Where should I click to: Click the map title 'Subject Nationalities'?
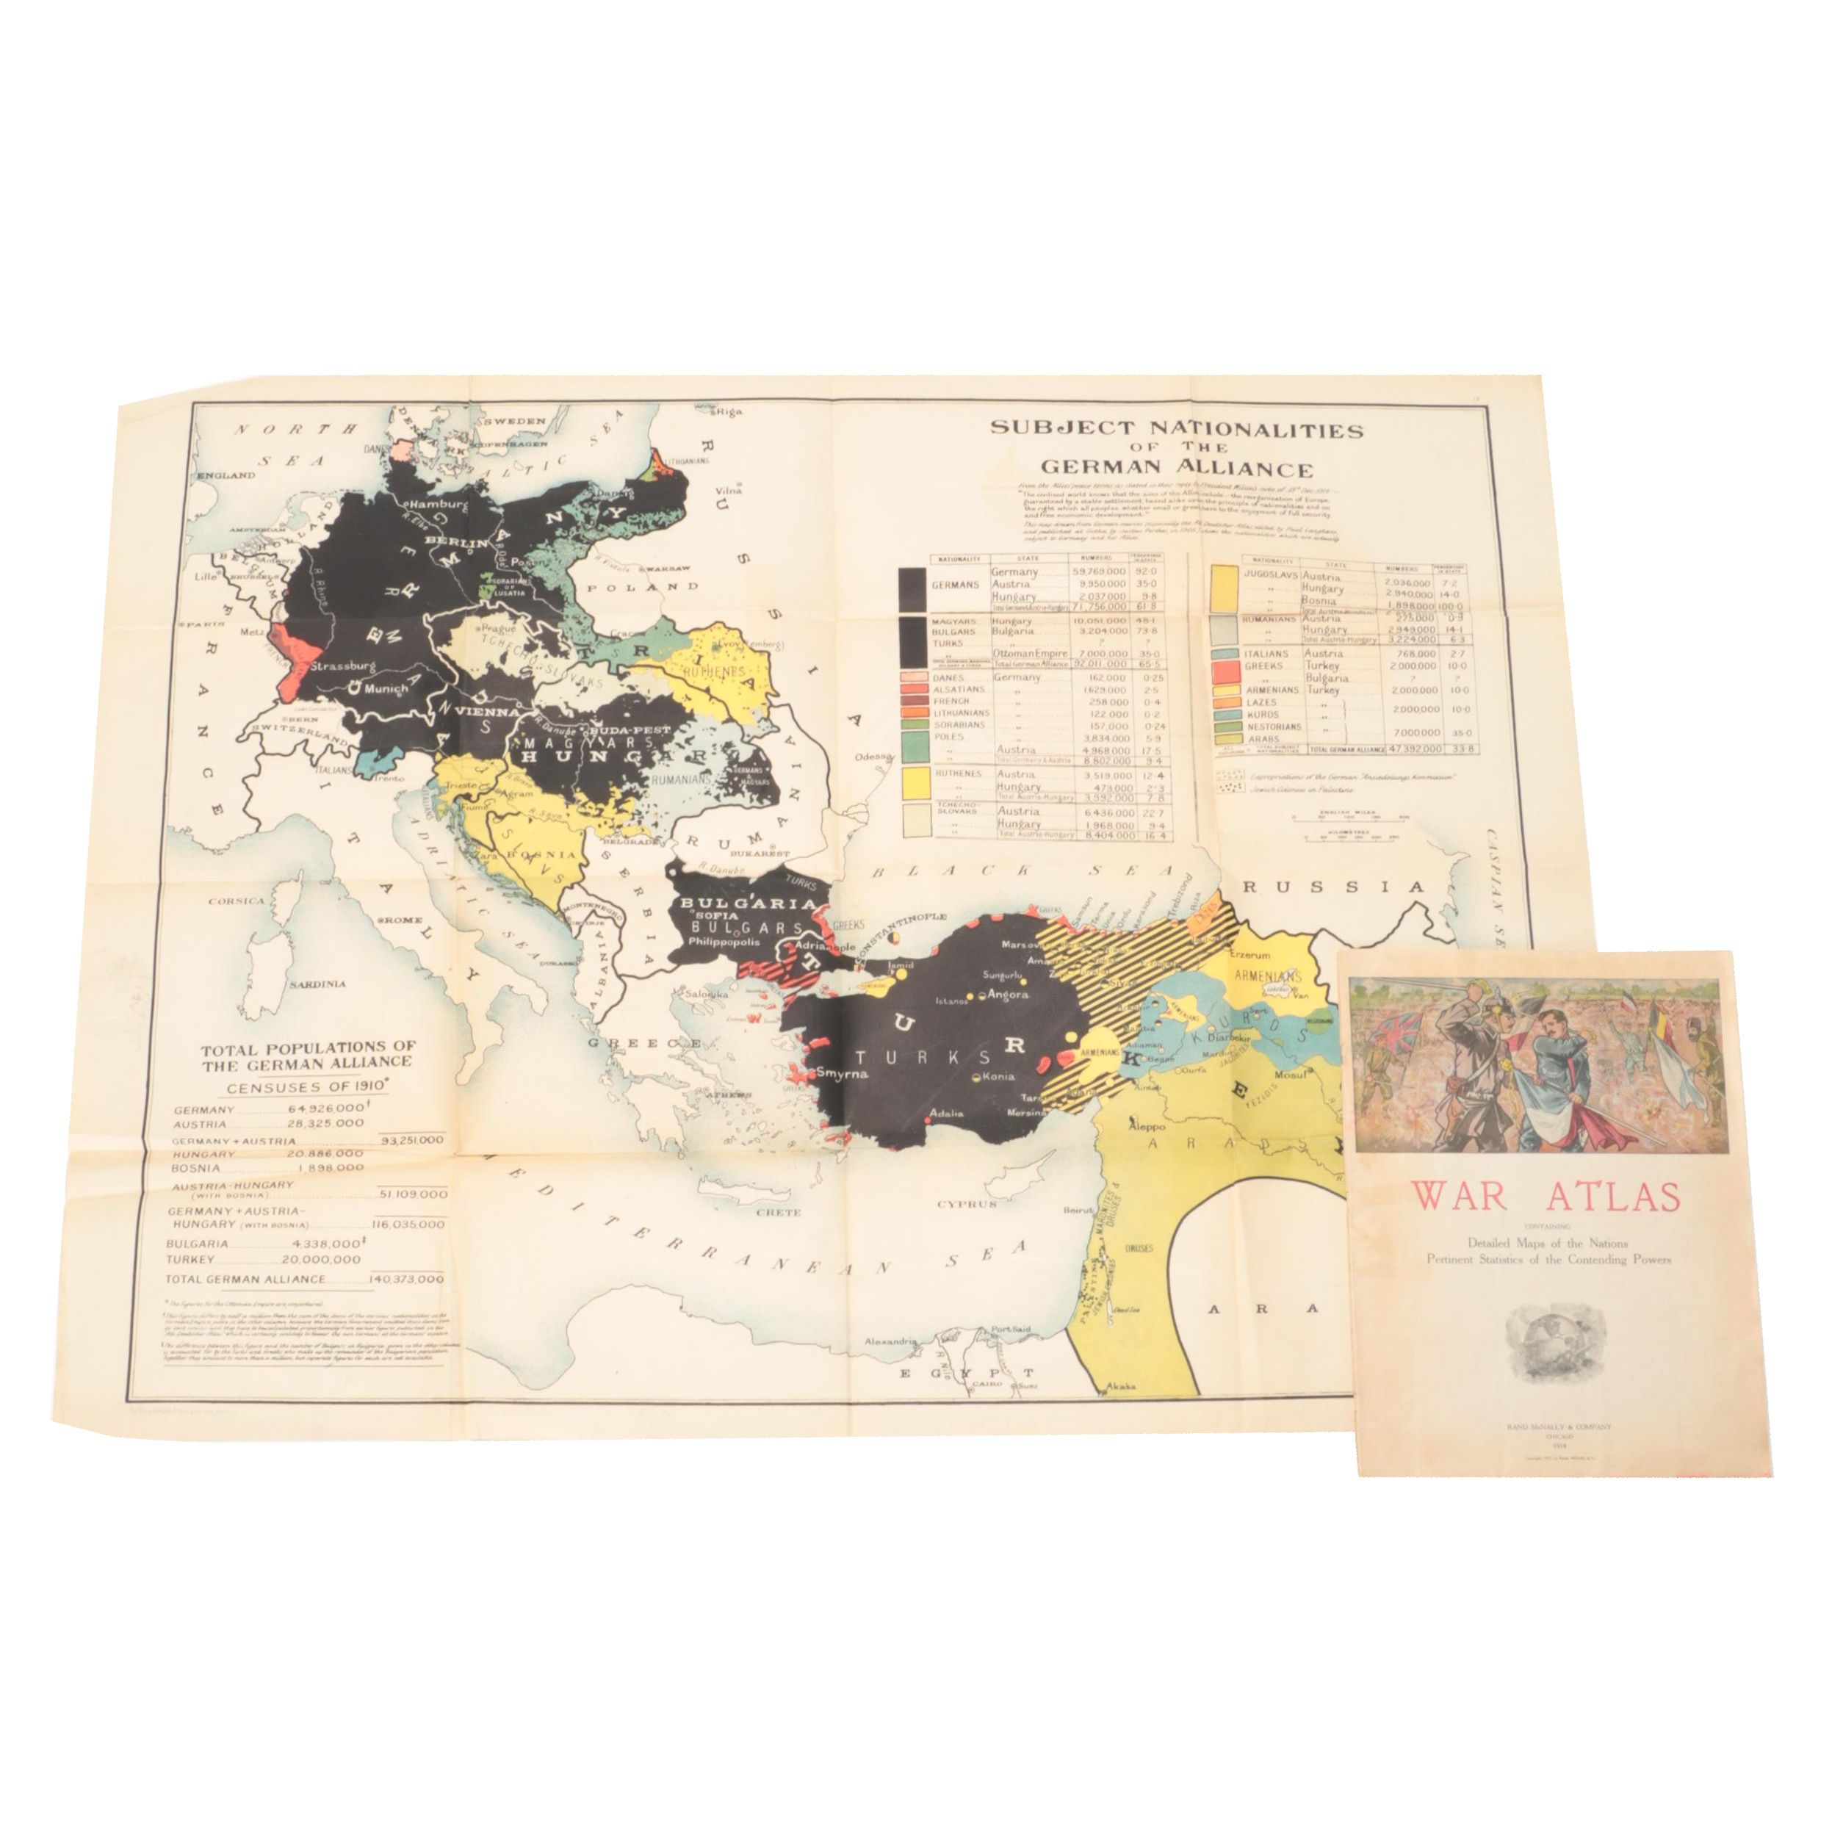[1177, 430]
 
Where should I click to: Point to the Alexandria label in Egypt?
[889, 1342]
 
